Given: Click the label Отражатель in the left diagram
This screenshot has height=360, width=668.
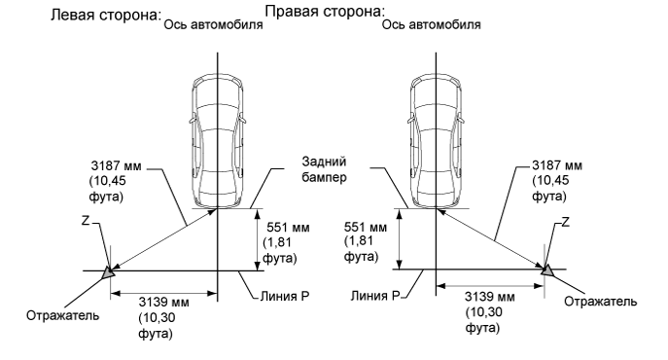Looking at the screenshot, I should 57,316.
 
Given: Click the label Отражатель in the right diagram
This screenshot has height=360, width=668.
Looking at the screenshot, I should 601,302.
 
